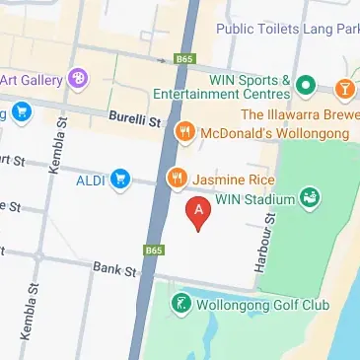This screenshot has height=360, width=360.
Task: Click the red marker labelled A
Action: pyautogui.click(x=199, y=211)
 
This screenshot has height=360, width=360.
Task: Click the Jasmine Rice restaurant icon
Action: pyautogui.click(x=177, y=179)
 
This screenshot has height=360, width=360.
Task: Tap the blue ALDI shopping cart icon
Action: pyautogui.click(x=120, y=179)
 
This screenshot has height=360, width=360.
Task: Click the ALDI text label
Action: pyautogui.click(x=90, y=180)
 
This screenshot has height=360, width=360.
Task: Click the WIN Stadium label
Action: pyautogui.click(x=255, y=201)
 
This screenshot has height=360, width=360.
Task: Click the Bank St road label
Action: pyautogui.click(x=113, y=268)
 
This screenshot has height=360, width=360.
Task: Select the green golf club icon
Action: pyautogui.click(x=180, y=302)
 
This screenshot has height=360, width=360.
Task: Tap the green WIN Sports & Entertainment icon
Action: pyautogui.click(x=306, y=86)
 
